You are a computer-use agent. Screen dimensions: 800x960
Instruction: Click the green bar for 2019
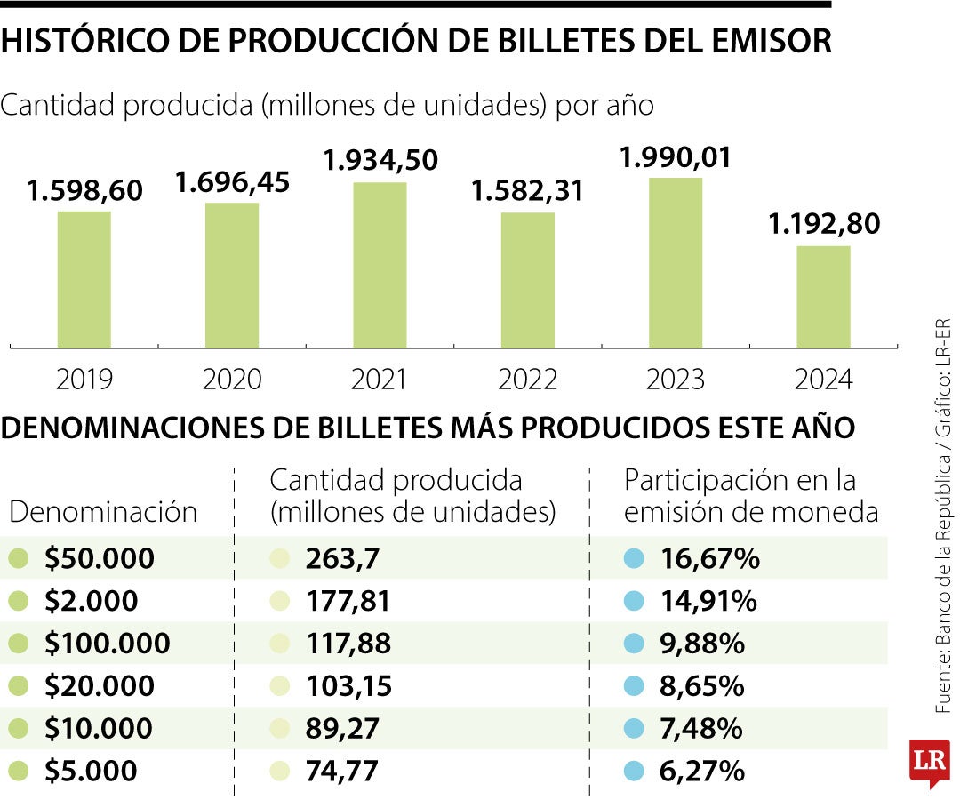[x=84, y=279]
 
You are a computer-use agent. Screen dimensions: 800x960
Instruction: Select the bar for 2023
[x=676, y=263]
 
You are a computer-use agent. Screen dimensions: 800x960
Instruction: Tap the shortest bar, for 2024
[x=823, y=297]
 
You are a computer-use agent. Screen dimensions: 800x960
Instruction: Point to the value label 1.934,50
[x=380, y=161]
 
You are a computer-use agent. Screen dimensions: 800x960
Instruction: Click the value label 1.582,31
[x=527, y=191]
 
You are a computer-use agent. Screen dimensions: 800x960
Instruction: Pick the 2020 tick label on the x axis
[x=232, y=380]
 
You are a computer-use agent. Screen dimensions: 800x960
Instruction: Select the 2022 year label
[x=527, y=380]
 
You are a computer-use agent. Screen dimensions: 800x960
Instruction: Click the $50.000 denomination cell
[x=100, y=559]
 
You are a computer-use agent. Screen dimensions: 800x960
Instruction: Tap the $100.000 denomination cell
[x=107, y=644]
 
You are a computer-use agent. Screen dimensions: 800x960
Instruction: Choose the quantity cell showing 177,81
[x=348, y=602]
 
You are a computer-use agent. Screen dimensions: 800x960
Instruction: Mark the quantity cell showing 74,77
[x=341, y=771]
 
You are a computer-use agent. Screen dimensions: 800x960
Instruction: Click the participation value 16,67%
[x=709, y=559]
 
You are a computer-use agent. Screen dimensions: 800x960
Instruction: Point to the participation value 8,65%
[x=702, y=686]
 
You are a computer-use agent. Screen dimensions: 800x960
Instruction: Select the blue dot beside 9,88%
[x=634, y=644]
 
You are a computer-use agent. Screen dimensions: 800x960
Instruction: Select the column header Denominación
[x=103, y=512]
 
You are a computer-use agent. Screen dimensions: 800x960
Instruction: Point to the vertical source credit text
[x=942, y=516]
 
